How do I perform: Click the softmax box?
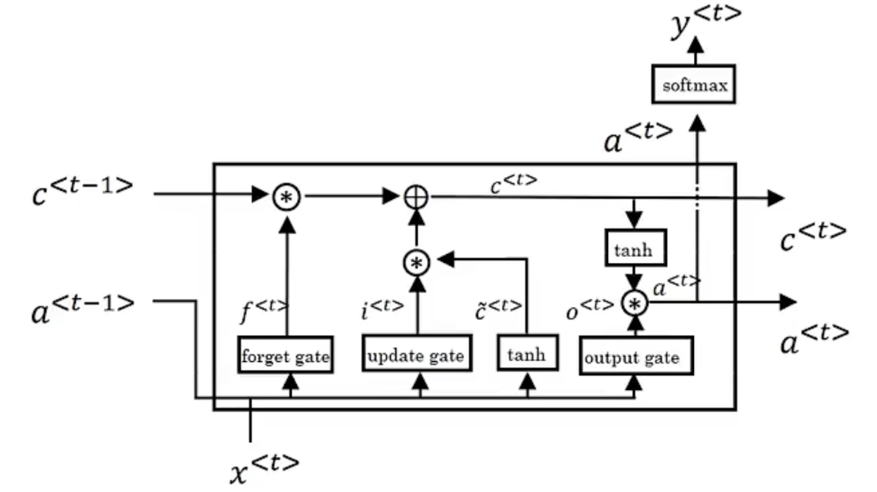point(695,86)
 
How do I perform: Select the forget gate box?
point(285,357)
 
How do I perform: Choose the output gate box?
point(636,358)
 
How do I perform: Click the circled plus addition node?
point(417,196)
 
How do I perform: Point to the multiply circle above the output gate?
point(634,302)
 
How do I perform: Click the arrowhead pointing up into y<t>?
point(695,45)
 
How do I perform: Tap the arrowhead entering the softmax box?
point(695,112)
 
